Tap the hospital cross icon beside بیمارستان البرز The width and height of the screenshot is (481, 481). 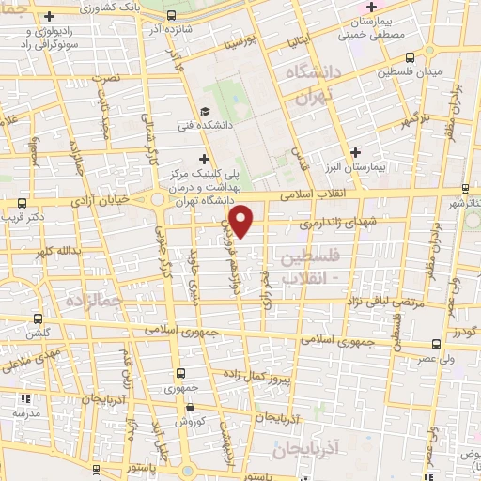354,152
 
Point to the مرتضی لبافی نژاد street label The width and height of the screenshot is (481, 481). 395,301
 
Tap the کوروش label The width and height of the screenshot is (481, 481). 190,423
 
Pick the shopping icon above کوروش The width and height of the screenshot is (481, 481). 191,408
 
